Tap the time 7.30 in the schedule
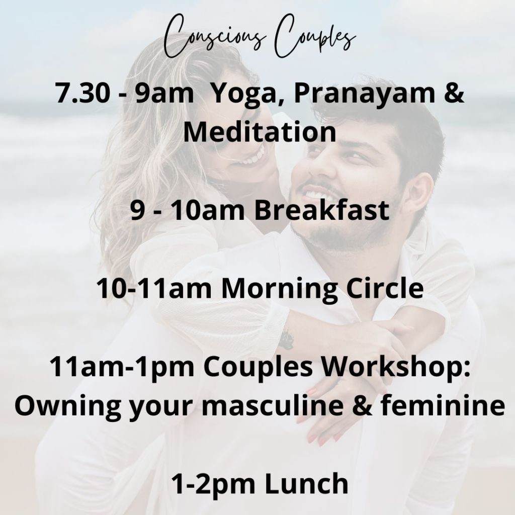pos(82,93)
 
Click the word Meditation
pos(260,132)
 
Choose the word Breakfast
pos(321,210)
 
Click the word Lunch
pos(306,484)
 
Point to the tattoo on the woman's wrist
pos(286,340)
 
